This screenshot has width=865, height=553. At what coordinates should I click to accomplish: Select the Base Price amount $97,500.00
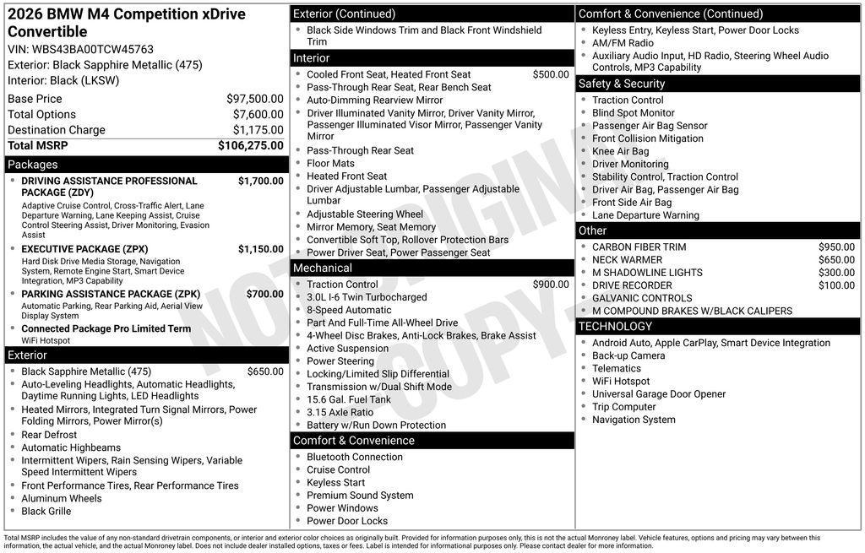tap(254, 99)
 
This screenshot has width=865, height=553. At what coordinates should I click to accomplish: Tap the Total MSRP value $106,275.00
tap(250, 145)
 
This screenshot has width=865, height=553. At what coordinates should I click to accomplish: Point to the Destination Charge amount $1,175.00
tap(258, 130)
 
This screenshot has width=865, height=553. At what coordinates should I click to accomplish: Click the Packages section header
tap(33, 165)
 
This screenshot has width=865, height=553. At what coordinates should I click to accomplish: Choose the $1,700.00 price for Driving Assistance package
tap(260, 181)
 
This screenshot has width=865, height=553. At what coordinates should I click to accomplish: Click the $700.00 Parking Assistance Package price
tap(264, 294)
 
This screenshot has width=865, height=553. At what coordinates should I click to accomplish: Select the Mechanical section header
tap(322, 268)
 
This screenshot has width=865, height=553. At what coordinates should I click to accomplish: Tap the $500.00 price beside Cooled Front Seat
tap(551, 74)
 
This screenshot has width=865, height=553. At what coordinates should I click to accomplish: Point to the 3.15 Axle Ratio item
tap(340, 412)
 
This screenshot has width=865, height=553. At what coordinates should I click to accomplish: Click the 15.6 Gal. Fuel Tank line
tap(349, 399)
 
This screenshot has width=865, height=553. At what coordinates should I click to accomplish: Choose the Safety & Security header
tap(621, 84)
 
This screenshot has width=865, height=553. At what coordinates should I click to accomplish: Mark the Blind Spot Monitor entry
tap(633, 113)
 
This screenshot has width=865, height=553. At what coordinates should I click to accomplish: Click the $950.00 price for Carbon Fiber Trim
tap(836, 247)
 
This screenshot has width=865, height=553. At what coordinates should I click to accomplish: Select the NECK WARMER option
tap(627, 260)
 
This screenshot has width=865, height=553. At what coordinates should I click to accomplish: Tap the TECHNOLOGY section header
tap(615, 326)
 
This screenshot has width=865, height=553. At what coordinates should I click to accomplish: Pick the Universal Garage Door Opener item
tap(658, 394)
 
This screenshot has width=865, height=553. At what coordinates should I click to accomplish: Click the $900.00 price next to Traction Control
tap(551, 285)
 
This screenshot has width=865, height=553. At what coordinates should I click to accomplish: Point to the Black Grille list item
tap(46, 511)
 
